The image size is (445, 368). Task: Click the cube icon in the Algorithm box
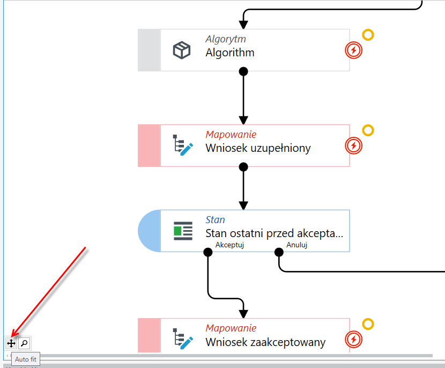coord(182,50)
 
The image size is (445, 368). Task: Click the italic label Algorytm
coord(226,39)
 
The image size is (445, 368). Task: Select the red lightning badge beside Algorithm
coord(354,50)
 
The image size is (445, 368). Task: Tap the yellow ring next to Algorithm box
coord(368,35)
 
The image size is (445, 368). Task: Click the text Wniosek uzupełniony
coord(258,148)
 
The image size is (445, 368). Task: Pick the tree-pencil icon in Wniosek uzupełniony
coord(183,145)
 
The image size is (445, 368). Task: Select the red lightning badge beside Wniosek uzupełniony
coord(354,146)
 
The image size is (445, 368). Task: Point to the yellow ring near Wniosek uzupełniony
coord(368,130)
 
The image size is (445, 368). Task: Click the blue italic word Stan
coord(215,220)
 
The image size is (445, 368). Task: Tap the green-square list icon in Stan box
coord(183,231)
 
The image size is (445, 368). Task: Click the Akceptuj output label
coord(229,245)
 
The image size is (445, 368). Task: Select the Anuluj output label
coord(297,245)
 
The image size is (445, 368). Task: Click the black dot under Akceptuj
coord(208,252)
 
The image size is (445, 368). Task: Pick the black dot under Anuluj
coord(279,252)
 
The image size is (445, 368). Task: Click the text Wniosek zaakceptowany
coord(265,342)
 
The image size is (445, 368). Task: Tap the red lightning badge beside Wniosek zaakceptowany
coord(354,340)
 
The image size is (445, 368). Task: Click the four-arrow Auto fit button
coord(11,343)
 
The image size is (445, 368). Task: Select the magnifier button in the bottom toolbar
coord(25,343)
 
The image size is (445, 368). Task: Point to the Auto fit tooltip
coord(26,359)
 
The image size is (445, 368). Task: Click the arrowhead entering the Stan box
coord(243,205)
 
